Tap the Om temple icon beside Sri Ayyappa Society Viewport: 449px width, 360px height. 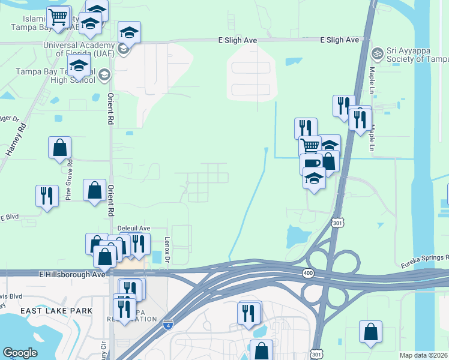tap(378, 53)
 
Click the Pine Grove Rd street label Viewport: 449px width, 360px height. tap(69, 179)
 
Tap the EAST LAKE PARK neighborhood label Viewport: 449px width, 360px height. tap(56, 310)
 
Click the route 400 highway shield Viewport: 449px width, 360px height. tap(307, 273)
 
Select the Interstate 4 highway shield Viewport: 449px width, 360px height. tap(168, 325)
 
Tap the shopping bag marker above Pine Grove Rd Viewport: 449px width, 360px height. tap(60, 148)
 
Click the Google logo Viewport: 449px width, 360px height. tap(19, 353)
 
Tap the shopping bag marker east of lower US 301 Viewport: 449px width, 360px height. tap(371, 332)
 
